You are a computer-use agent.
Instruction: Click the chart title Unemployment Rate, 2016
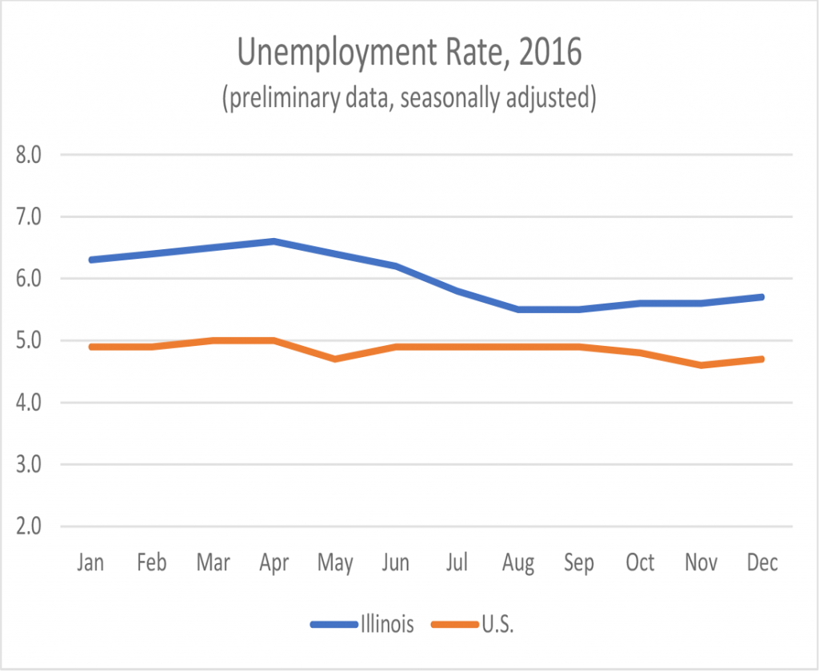(409, 54)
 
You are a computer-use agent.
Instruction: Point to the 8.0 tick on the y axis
(33, 154)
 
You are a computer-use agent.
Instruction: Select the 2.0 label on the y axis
(33, 526)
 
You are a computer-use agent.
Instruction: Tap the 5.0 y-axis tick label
(33, 341)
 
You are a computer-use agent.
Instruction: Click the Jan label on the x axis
(90, 562)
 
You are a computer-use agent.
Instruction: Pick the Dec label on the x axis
(762, 562)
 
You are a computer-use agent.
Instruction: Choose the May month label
(335, 564)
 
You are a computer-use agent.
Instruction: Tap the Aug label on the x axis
(518, 564)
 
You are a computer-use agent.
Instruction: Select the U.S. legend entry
(497, 624)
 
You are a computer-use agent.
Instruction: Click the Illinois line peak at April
(274, 241)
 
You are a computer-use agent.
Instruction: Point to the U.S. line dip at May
(335, 359)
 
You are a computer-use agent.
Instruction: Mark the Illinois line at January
(90, 260)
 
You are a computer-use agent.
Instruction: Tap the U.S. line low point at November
(701, 365)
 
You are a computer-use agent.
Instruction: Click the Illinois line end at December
(762, 297)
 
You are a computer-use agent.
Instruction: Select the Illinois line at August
(518, 309)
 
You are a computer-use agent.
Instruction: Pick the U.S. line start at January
(90, 347)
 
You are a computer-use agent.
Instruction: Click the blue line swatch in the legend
(333, 624)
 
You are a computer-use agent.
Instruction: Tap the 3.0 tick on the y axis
(33, 464)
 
